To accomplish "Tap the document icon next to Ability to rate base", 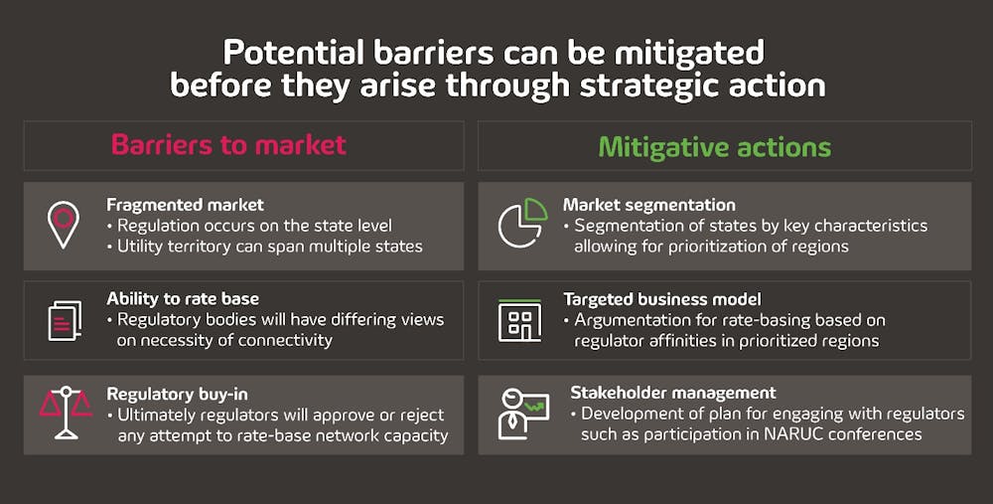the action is coord(65,320).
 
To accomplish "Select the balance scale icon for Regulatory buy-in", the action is coord(66,413).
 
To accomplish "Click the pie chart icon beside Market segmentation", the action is coord(522,223).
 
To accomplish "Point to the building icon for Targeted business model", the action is coord(519,321).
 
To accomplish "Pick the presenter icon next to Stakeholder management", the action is coord(523,414).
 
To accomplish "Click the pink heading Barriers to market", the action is coord(228,145).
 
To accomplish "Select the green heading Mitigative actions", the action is coord(714,147).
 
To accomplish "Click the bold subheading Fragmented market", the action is coord(185,205).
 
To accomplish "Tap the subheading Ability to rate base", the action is coord(183,298).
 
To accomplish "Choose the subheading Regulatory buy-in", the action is coord(177,395).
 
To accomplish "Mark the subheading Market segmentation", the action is coord(649,206).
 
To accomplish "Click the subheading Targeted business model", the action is coord(661,299).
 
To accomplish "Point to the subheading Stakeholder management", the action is coord(673,393).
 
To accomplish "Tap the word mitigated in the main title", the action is coord(689,54).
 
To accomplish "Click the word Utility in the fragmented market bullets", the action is coord(137,247).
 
